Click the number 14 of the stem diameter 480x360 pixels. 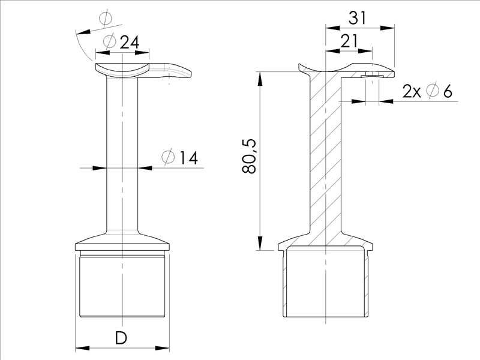pyautogui.click(x=188, y=158)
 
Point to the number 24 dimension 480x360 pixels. pyautogui.click(x=130, y=42)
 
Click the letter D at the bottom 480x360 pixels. pyautogui.click(x=121, y=338)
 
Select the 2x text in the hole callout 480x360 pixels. pyautogui.click(x=412, y=91)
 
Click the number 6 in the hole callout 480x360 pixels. pyautogui.click(x=447, y=91)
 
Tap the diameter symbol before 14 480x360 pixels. pyautogui.click(x=169, y=158)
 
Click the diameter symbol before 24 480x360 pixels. pyautogui.click(x=109, y=42)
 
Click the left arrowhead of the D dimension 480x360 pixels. pyautogui.click(x=80, y=347)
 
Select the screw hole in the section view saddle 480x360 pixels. pyautogui.click(x=371, y=76)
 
